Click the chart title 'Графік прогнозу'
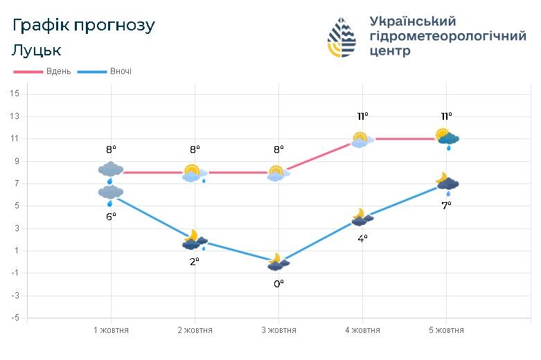click(x=84, y=26)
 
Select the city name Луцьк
click(x=37, y=51)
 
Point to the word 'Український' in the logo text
click(x=413, y=21)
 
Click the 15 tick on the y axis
click(x=15, y=94)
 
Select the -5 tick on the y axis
click(x=15, y=318)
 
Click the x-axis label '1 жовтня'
click(x=111, y=330)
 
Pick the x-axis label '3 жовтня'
click(x=278, y=330)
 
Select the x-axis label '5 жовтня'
click(x=446, y=330)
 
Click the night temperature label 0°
click(x=278, y=283)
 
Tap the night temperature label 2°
click(x=195, y=261)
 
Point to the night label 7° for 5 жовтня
click(x=446, y=205)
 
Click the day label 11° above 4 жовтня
click(x=362, y=116)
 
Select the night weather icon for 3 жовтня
click(x=278, y=262)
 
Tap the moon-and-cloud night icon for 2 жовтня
click(x=194, y=240)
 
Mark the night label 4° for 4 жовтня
click(x=362, y=239)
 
